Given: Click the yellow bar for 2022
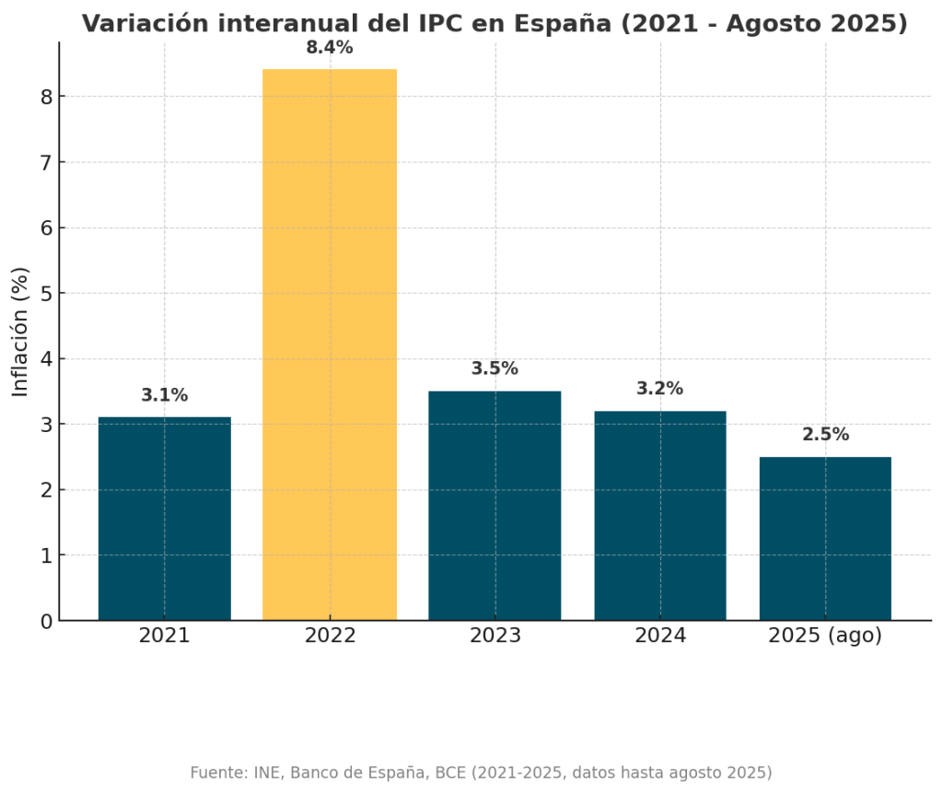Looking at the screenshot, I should click(330, 344).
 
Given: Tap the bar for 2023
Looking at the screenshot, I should click(495, 506).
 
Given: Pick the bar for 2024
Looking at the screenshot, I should click(660, 516).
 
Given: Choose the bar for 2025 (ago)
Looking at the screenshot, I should click(825, 539).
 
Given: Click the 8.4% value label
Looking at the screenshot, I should click(330, 48).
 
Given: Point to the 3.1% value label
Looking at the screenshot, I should click(164, 395).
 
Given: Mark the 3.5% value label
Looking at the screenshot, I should click(495, 368).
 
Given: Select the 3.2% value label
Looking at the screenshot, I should click(660, 389).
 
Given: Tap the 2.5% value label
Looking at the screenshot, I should click(825, 435).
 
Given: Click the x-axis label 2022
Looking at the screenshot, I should click(330, 636).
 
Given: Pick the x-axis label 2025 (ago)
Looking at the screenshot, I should click(825, 636).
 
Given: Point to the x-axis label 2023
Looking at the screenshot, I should click(495, 636).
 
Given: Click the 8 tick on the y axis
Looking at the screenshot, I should click(45, 97).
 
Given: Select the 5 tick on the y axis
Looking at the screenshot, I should click(45, 294).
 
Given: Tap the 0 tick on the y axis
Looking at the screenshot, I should click(45, 622).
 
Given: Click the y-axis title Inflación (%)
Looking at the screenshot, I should click(20, 332).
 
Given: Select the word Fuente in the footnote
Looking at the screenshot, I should click(217, 773).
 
